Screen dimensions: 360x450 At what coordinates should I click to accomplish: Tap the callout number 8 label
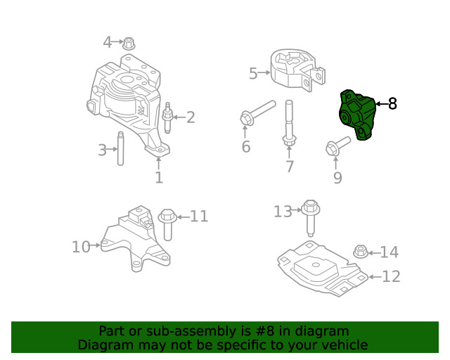[392, 104]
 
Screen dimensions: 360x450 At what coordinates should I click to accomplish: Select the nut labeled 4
[129, 44]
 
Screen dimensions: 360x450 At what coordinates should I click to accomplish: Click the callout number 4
[108, 42]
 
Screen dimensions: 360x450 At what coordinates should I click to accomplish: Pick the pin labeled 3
[120, 148]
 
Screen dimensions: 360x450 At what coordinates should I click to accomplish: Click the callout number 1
[159, 178]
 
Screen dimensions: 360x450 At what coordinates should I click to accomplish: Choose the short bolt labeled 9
[337, 147]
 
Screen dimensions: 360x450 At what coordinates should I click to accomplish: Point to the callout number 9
[337, 178]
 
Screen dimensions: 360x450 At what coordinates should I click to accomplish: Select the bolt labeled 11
[168, 223]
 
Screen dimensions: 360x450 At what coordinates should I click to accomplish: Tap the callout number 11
[199, 217]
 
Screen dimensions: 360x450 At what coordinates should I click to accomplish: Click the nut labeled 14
[359, 251]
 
